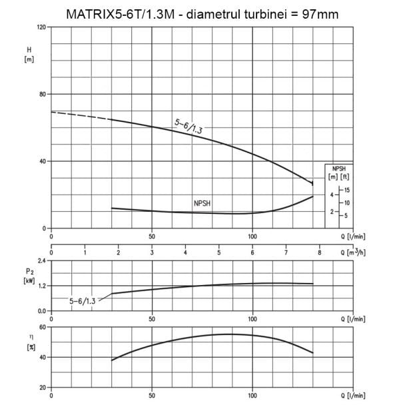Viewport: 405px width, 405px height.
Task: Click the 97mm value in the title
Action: pyautogui.click(x=320, y=15)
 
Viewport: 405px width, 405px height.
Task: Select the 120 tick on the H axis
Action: pyautogui.click(x=41, y=27)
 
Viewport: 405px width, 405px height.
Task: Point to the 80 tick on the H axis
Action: pyautogui.click(x=43, y=95)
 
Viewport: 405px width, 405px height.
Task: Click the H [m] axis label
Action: pyautogui.click(x=29, y=55)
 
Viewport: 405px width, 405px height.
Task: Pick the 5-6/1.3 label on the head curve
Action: pyautogui.click(x=189, y=127)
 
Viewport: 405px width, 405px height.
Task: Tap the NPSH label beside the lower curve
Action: pyautogui.click(x=202, y=203)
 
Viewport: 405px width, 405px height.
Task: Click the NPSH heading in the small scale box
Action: pyautogui.click(x=338, y=169)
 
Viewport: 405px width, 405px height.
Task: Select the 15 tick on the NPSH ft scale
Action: pyautogui.click(x=347, y=190)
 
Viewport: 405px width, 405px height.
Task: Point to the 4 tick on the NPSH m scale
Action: pyautogui.click(x=332, y=195)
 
